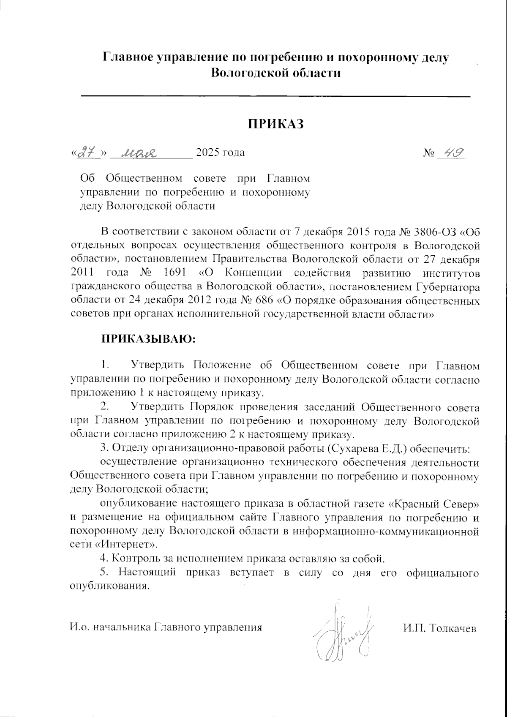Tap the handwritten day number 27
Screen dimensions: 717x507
coord(87,153)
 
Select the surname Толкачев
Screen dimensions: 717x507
coord(452,628)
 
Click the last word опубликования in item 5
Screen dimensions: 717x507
coord(109,587)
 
